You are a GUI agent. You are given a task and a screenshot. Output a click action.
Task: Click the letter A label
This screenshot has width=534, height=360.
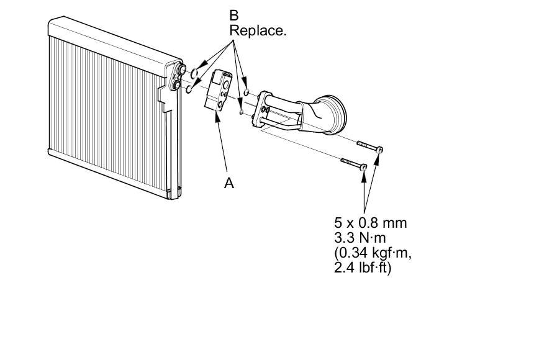[x=229, y=183]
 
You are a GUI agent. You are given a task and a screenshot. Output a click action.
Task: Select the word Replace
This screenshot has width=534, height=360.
[x=258, y=30]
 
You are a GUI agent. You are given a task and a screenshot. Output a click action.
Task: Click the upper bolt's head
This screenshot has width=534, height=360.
[x=380, y=150]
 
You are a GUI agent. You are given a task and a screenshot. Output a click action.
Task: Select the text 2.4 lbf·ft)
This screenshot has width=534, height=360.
[x=363, y=268]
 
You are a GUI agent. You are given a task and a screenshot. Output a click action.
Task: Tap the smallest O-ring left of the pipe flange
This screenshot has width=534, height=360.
[x=241, y=112]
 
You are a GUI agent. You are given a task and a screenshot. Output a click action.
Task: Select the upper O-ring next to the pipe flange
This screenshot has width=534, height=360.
[x=247, y=93]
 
